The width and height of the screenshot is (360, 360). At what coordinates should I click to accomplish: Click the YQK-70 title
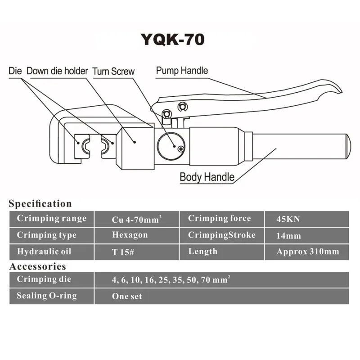pyautogui.click(x=173, y=39)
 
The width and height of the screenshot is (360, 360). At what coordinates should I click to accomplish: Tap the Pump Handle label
pyautogui.click(x=182, y=71)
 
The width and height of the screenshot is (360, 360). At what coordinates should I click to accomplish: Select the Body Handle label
pyautogui.click(x=207, y=176)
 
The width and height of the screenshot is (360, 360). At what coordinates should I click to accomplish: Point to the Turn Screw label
pyautogui.click(x=113, y=71)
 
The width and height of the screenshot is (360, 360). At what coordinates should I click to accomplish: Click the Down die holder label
pyautogui.click(x=58, y=71)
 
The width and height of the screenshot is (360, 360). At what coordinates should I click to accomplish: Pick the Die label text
pyautogui.click(x=15, y=71)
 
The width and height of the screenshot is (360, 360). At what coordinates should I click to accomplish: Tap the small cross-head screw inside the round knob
pyautogui.click(x=181, y=149)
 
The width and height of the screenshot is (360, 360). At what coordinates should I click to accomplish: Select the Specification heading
pyautogui.click(x=40, y=203)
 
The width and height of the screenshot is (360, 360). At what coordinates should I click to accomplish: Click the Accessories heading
pyautogui.click(x=37, y=266)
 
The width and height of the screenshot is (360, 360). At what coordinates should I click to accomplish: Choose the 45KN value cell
pyautogui.click(x=288, y=220)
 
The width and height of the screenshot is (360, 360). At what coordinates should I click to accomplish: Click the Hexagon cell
pyautogui.click(x=130, y=235)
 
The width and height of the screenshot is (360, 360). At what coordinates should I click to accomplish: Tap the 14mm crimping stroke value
pyautogui.click(x=288, y=236)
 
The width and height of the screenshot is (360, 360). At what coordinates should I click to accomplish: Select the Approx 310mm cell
pyautogui.click(x=308, y=252)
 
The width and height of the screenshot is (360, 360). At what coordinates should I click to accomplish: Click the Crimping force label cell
pyautogui.click(x=220, y=219)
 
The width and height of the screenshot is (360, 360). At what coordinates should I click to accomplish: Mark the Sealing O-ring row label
pyautogui.click(x=47, y=296)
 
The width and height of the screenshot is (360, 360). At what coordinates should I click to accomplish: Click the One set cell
pyautogui.click(x=127, y=297)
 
